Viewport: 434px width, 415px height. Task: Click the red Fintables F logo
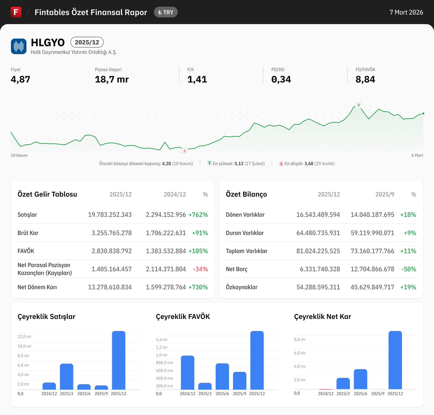pos(16,12)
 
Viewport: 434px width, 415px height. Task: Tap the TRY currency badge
pos(166,12)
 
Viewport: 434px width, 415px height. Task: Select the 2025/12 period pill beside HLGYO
pos(87,42)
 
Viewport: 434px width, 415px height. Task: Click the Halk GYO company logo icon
pos(18,46)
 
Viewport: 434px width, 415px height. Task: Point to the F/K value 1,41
pos(197,79)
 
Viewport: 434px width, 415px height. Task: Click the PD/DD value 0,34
pos(281,79)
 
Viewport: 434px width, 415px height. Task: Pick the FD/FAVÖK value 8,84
pos(365,79)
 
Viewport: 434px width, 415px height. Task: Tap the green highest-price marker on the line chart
pos(358,105)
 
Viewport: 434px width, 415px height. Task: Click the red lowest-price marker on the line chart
pos(184,150)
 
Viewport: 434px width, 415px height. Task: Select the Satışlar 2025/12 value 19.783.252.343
pos(110,215)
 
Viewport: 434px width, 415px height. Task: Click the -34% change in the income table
pos(200,269)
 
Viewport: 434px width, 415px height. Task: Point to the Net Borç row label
pos(237,269)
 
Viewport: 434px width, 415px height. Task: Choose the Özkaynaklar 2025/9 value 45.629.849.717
pos(372,287)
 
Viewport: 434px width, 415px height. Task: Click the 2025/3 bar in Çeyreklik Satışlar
pos(67,377)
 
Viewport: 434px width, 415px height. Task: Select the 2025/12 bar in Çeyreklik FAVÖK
pos(257,360)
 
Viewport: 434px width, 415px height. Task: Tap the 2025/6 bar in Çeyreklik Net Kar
pos(360,379)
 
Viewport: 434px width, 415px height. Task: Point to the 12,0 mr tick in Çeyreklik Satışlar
pos(24,337)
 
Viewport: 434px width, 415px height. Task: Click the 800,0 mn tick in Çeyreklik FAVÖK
pos(164,363)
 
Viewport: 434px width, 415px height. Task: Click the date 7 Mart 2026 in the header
pos(406,12)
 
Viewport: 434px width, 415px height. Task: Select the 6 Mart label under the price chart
pos(417,155)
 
